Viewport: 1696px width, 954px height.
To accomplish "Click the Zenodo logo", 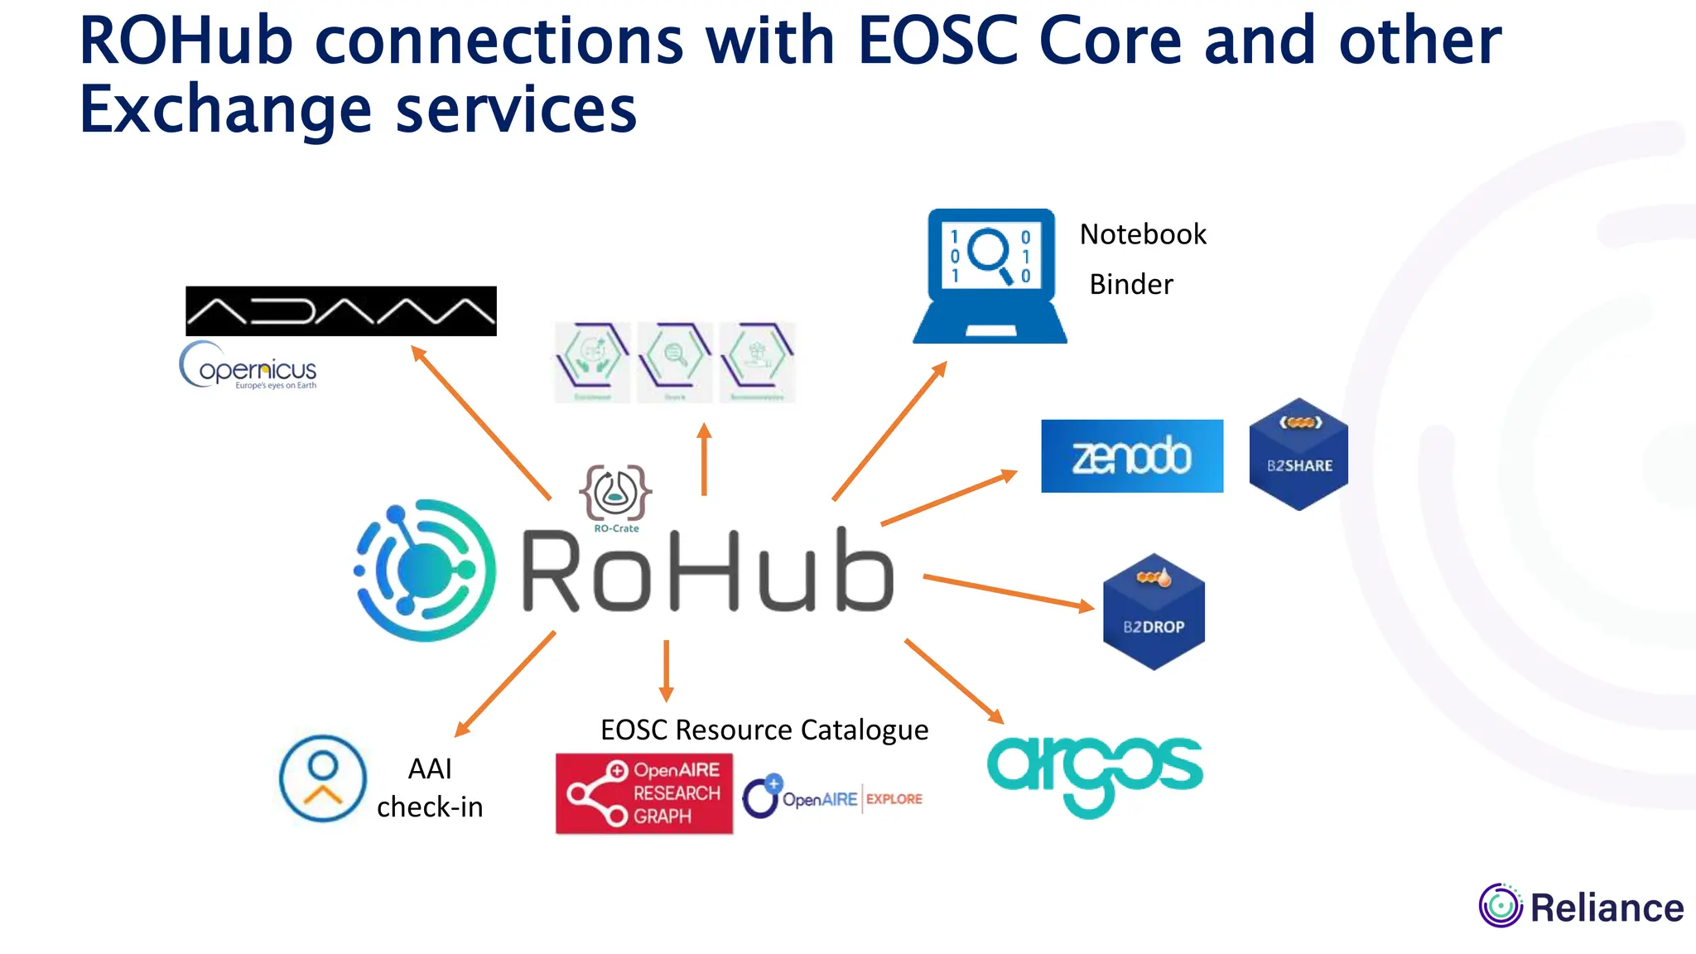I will pos(1131,456).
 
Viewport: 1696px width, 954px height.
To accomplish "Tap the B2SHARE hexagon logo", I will pos(1298,455).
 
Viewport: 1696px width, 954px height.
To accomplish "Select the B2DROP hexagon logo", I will pos(1154,612).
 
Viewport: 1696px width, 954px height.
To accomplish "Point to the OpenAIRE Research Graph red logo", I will pos(643,793).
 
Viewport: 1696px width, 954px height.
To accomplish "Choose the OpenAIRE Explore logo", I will pos(832,798).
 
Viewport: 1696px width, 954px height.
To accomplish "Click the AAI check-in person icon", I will pos(323,778).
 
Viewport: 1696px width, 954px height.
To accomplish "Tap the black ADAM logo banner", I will pos(340,311).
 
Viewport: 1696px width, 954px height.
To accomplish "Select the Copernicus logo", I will pos(248,366).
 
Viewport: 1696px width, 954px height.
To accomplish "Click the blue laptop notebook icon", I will pos(990,276).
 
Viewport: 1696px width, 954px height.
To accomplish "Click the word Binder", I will pos(1130,285).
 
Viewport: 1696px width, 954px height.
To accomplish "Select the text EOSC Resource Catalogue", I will pos(764,730).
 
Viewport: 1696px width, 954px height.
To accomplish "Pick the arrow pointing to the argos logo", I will pos(953,680).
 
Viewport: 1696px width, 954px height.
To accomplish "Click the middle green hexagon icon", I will pos(675,362).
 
